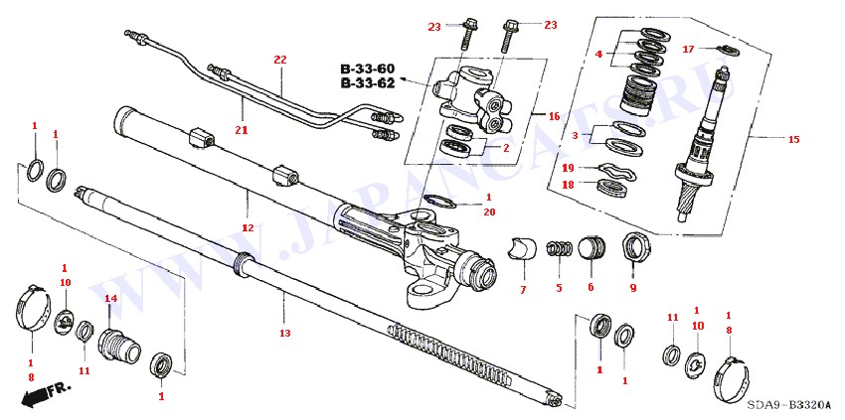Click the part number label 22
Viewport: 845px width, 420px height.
(x=280, y=60)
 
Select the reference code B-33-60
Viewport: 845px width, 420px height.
(x=368, y=69)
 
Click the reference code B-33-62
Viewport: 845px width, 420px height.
(x=368, y=83)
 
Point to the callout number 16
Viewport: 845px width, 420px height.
(x=555, y=115)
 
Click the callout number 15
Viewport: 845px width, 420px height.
(x=793, y=140)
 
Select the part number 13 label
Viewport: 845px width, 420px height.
(x=284, y=333)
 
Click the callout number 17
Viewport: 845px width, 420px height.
(x=688, y=50)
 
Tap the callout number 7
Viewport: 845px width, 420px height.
(x=523, y=289)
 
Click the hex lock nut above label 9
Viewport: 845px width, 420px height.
(x=631, y=246)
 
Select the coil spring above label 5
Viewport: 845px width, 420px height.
(x=561, y=249)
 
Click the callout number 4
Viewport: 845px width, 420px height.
(x=598, y=54)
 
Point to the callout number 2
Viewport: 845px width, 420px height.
(x=506, y=148)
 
